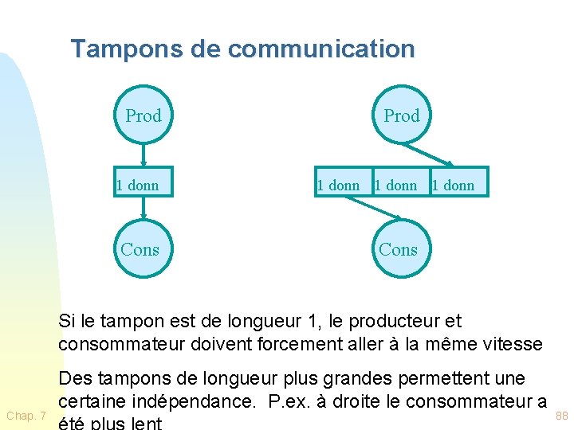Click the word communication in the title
pos(321,49)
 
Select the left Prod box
pos(143,116)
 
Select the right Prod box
pos(401,116)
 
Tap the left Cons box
pos(140,249)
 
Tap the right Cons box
pos(398,249)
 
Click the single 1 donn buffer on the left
pos(138,186)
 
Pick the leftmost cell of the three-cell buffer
pos(339,186)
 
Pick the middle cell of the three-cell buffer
pos(396,186)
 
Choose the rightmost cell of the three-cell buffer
pos(455,186)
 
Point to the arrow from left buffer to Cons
pos(143,207)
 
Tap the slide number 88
pos(562,416)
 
